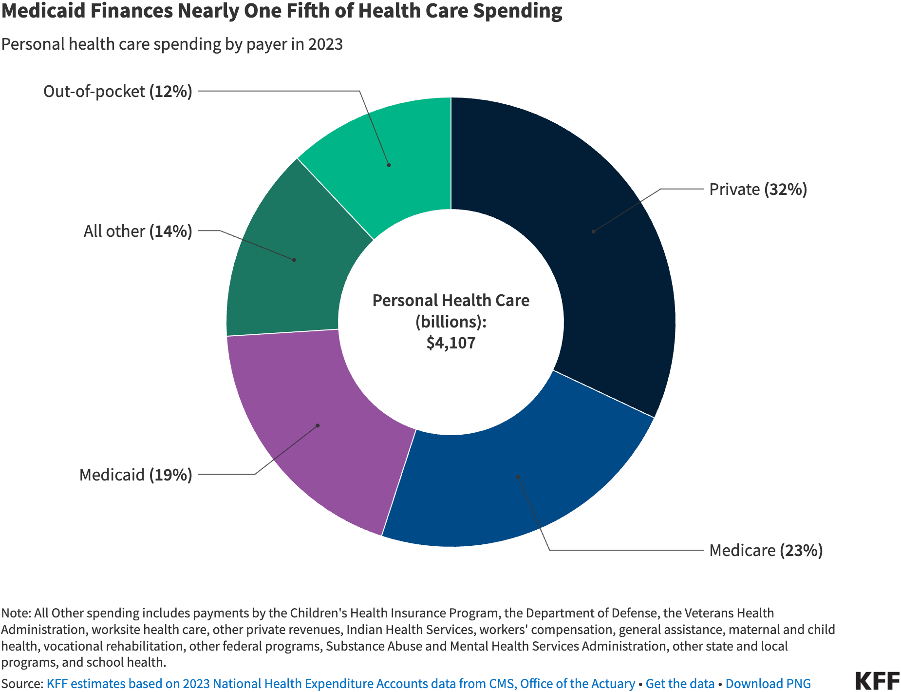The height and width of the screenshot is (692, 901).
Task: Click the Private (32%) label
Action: (x=758, y=189)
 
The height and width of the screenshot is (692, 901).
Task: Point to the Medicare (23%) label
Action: (x=766, y=550)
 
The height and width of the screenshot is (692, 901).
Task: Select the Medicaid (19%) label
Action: (x=136, y=475)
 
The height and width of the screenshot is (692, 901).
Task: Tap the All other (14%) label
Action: (x=138, y=231)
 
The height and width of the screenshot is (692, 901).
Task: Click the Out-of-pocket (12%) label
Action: (x=118, y=91)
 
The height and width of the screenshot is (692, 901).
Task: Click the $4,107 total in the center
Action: (x=451, y=343)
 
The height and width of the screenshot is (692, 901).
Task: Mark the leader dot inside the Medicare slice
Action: (x=518, y=477)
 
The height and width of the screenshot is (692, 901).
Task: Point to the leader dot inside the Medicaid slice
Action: (x=318, y=425)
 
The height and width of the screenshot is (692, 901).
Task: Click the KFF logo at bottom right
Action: (x=877, y=681)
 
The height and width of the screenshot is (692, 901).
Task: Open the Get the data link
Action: (x=679, y=684)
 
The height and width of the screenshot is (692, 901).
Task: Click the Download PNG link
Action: (x=768, y=684)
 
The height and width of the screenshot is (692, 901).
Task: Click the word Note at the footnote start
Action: (x=16, y=613)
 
